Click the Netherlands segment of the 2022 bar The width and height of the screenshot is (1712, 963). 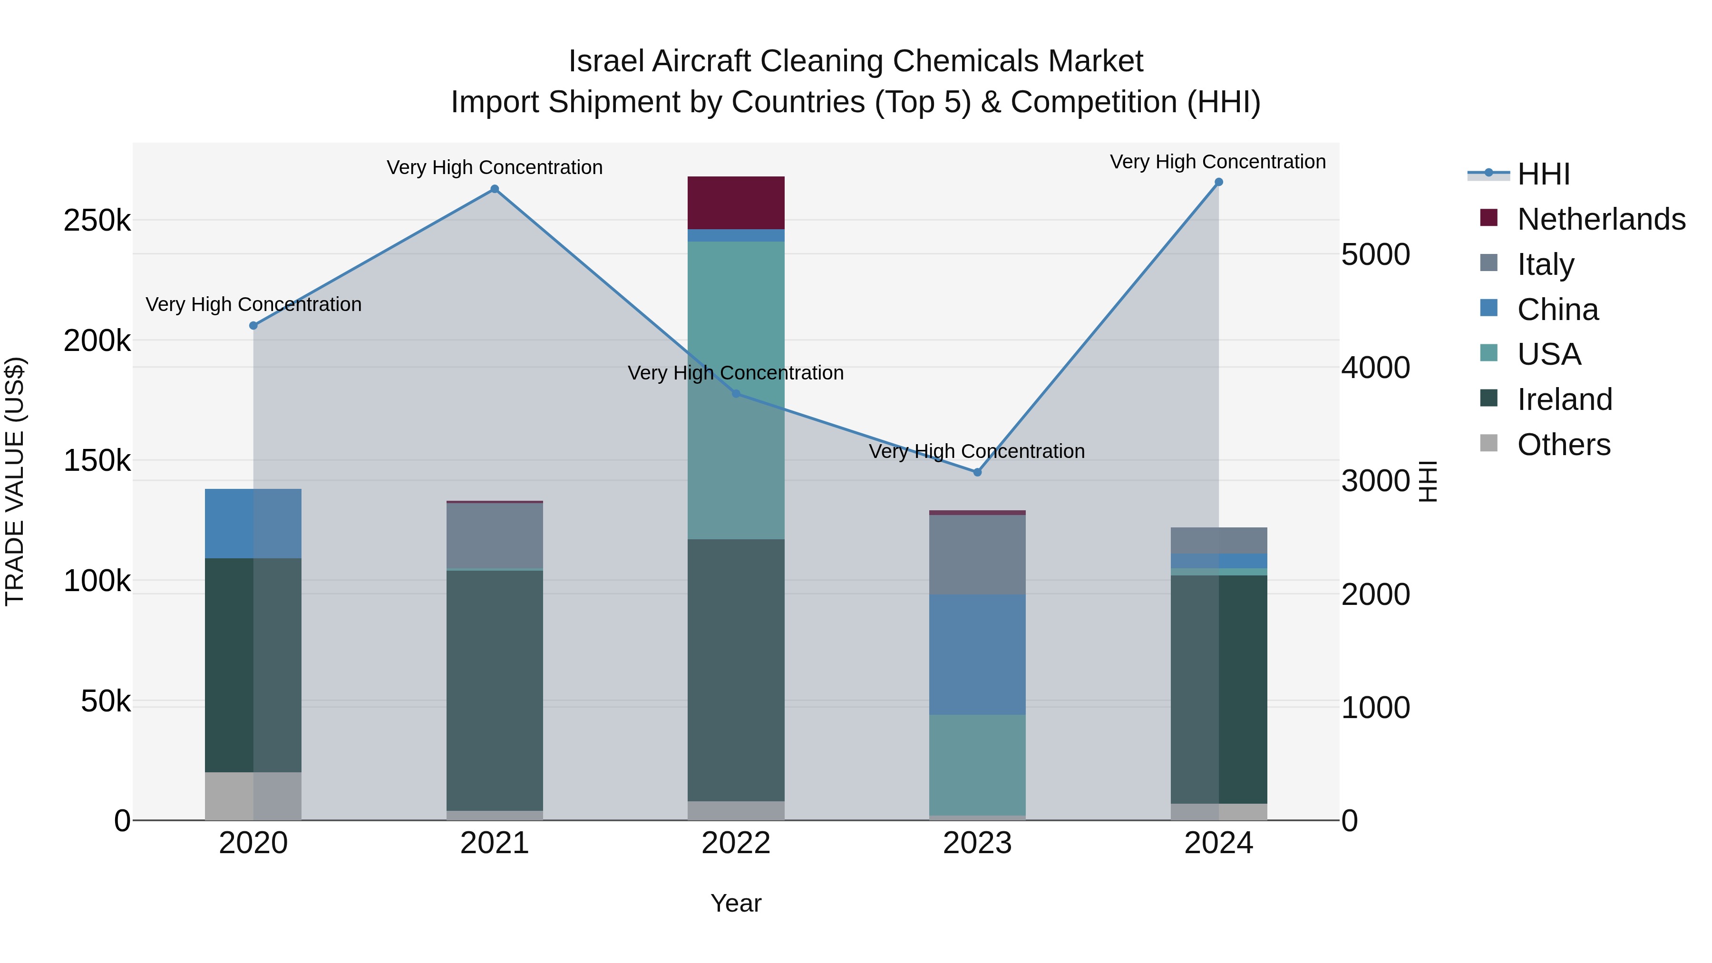(736, 203)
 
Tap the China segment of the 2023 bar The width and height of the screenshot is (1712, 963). (977, 655)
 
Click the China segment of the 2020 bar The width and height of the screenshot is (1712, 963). (253, 524)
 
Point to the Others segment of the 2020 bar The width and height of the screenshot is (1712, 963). (253, 796)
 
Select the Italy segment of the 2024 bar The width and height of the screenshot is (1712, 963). (1218, 540)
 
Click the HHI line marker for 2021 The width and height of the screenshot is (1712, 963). (495, 189)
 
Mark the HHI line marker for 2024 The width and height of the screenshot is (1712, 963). (1218, 182)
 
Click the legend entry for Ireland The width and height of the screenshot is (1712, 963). (1565, 399)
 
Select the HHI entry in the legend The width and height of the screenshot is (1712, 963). (1543, 174)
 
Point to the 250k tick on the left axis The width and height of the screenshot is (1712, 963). (97, 221)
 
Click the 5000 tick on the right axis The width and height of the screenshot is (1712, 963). (1375, 254)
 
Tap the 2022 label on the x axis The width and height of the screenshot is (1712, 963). (736, 843)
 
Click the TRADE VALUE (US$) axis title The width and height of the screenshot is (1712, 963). (15, 481)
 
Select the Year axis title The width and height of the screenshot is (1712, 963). (736, 903)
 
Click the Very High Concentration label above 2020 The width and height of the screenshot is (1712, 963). (253, 304)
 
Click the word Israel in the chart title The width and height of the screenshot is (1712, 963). (606, 61)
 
